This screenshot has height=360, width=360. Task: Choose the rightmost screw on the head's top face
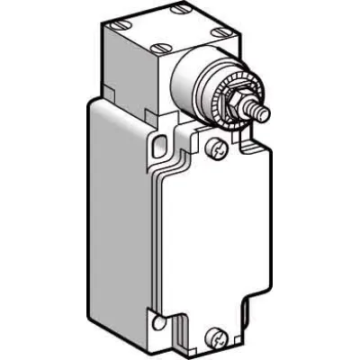(220, 36)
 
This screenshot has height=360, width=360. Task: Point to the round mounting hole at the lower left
(158, 321)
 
